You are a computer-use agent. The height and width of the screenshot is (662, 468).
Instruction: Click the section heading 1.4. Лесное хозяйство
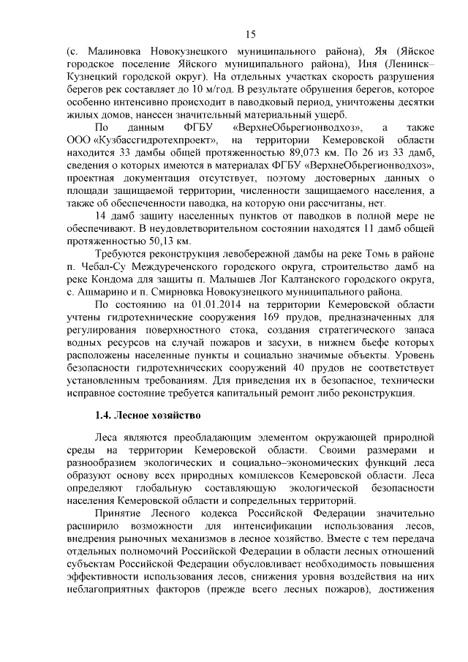coord(148,417)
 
